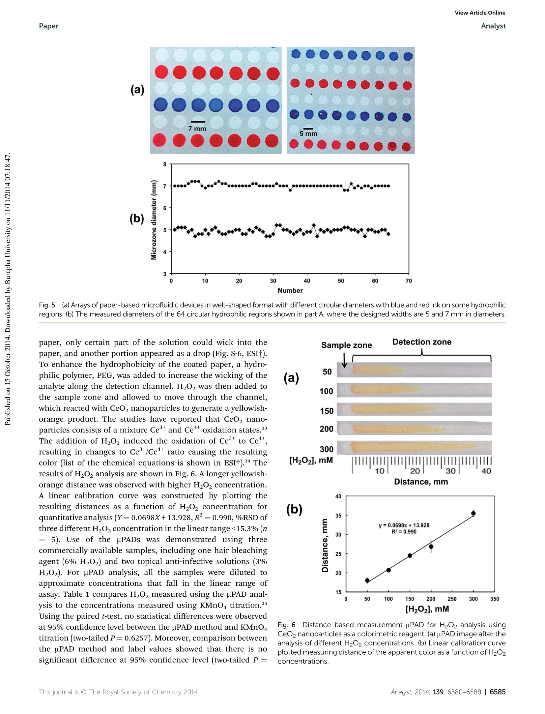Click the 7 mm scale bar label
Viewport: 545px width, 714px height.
(197, 129)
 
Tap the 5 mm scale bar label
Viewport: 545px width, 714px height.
(308, 134)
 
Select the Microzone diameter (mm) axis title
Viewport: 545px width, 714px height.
(154, 220)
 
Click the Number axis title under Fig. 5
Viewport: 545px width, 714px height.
(290, 290)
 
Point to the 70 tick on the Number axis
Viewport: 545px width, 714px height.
(409, 281)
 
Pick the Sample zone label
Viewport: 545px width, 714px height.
(346, 345)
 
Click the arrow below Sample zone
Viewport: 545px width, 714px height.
(344, 361)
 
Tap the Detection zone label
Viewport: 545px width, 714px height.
(422, 342)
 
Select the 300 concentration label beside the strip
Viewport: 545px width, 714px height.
(327, 449)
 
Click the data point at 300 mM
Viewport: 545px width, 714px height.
(473, 513)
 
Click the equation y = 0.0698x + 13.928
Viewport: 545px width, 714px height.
(404, 525)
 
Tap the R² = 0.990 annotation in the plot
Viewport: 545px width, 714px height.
(404, 531)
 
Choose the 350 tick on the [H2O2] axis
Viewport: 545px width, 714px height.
(495, 599)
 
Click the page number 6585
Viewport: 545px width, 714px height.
(498, 692)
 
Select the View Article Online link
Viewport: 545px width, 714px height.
(480, 13)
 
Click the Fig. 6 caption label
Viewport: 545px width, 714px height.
(287, 625)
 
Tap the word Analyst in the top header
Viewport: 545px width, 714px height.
(493, 26)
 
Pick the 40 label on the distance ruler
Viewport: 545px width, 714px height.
(486, 471)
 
